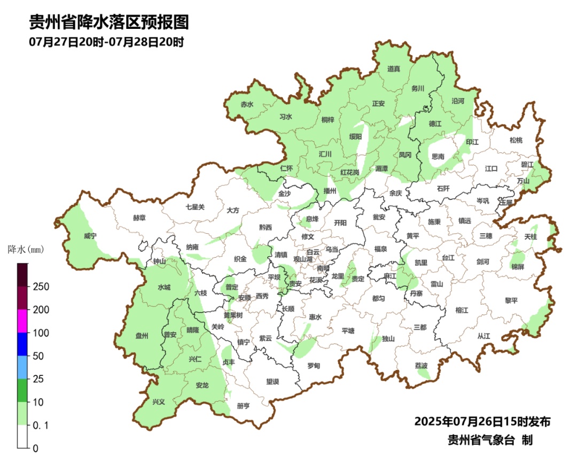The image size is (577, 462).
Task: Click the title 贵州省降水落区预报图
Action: coord(109,22)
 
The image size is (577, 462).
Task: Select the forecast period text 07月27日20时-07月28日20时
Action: coord(106,42)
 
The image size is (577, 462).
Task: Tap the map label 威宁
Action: coord(90,236)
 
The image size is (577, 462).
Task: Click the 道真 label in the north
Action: coord(394,68)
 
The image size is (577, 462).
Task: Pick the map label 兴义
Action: coord(159,402)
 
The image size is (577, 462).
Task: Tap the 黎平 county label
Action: coord(511,301)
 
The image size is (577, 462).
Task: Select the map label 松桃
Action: coord(516,140)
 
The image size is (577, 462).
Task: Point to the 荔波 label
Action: coord(421,366)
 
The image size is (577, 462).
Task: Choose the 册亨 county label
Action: coord(244,406)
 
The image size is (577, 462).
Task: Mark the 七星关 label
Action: coord(195,206)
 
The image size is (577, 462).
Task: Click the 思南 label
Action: coord(438,157)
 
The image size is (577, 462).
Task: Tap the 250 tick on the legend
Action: coord(41,287)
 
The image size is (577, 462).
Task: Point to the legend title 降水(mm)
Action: coord(25,249)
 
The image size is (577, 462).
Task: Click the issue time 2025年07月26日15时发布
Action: coord(482,421)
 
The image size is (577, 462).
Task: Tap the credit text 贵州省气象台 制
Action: coord(489,440)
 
